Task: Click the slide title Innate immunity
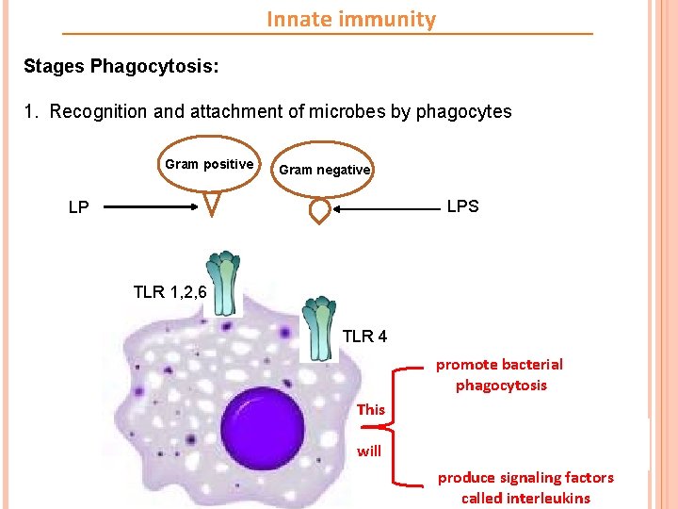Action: (x=351, y=19)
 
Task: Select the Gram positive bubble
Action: (x=209, y=165)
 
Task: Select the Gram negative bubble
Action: (x=324, y=170)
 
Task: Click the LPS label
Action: (x=462, y=206)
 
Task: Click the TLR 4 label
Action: (x=364, y=337)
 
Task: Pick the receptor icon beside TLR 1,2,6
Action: (x=222, y=283)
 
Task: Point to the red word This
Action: (x=370, y=409)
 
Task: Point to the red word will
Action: (x=369, y=451)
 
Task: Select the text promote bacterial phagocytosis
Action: (x=500, y=374)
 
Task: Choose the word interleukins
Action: (x=548, y=498)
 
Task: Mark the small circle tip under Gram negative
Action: (x=320, y=211)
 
